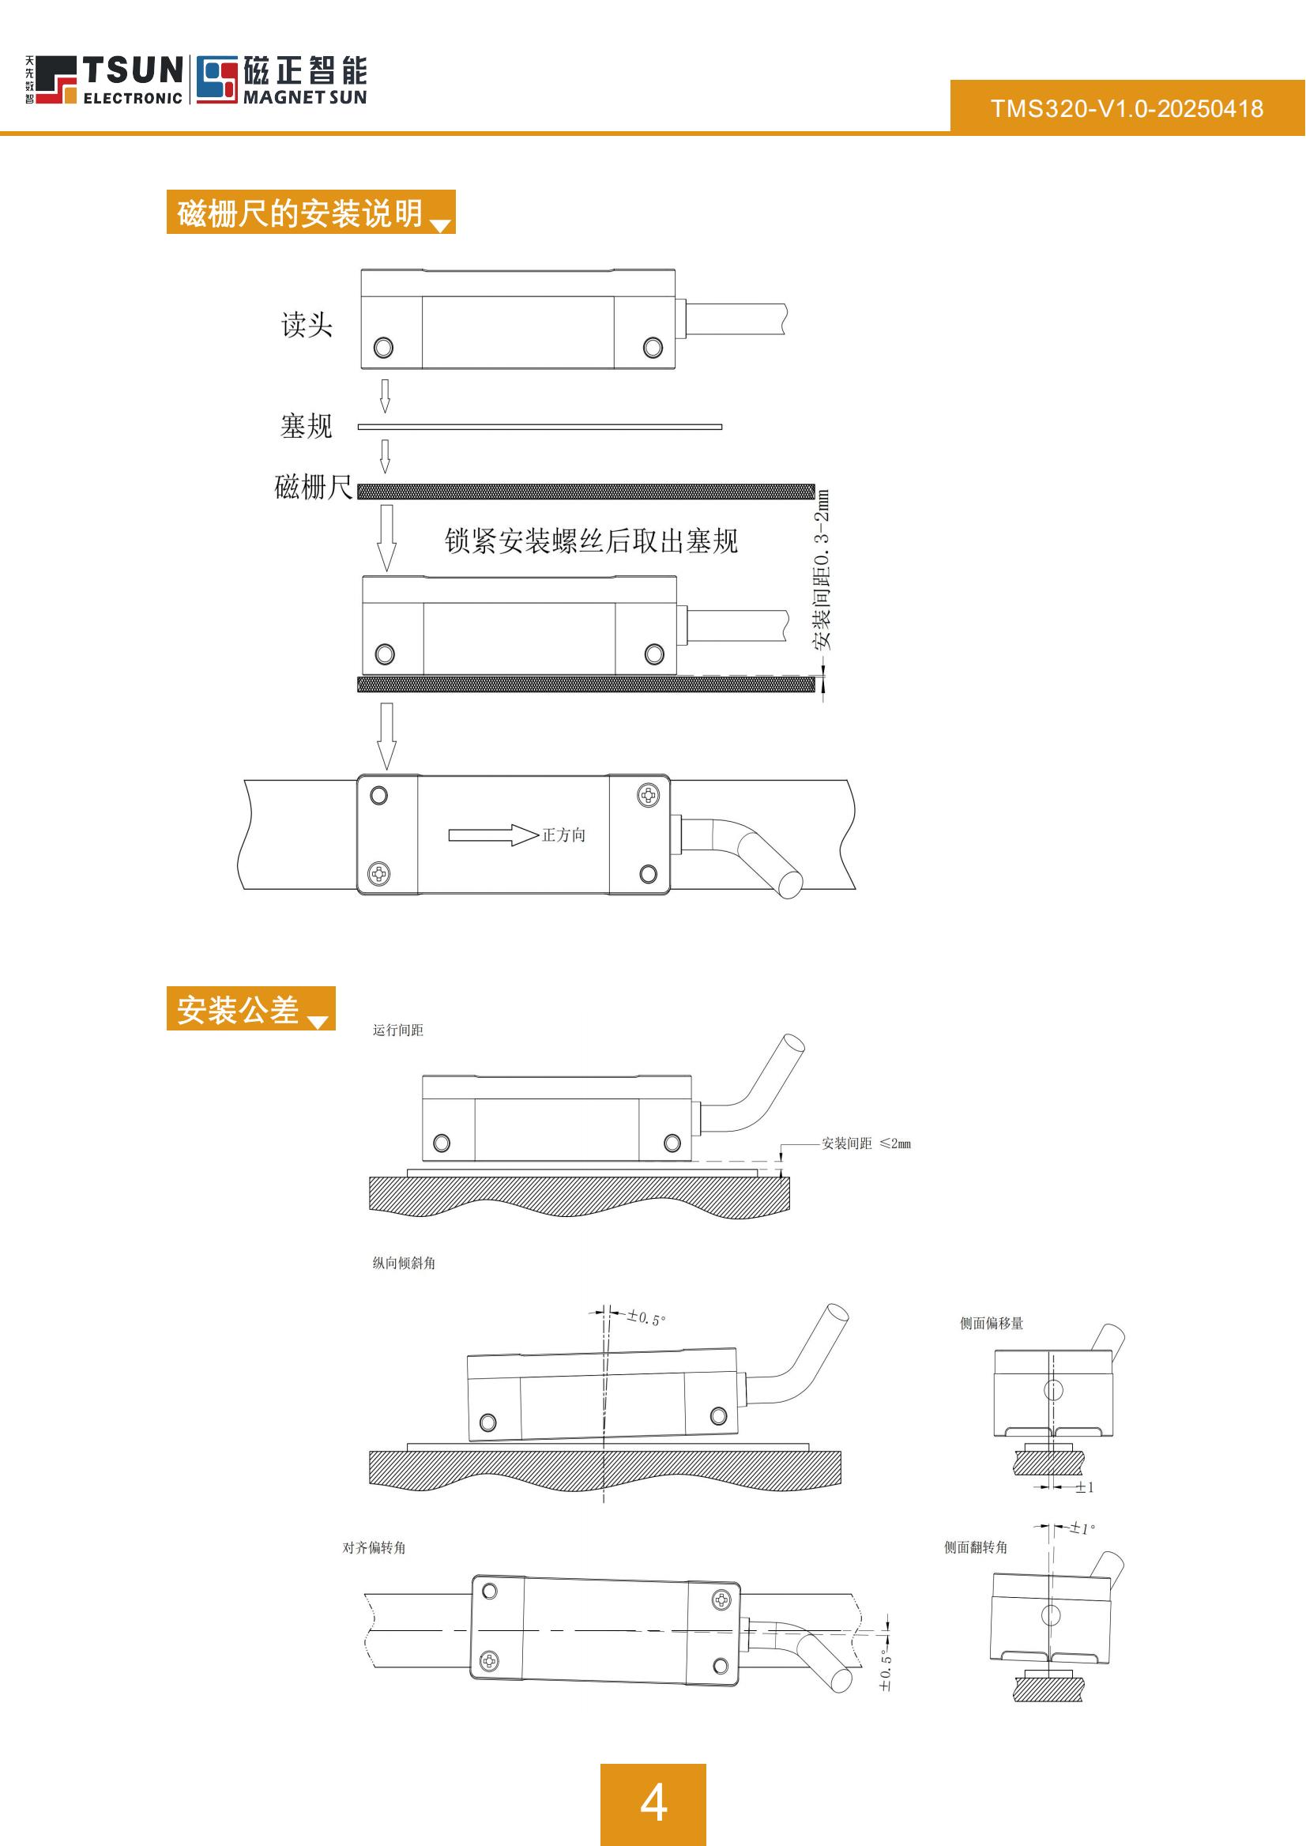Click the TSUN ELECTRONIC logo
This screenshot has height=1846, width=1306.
104,80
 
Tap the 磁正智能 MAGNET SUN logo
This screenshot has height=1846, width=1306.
281,80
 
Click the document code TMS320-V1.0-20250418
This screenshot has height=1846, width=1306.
1127,108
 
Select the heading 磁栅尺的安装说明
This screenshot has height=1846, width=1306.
300,213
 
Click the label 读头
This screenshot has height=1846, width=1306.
307,325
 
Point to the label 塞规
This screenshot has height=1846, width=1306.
306,425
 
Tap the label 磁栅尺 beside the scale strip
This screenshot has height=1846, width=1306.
313,487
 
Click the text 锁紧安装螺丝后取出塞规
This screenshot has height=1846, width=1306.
591,541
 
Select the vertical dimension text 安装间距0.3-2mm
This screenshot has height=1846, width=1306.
822,570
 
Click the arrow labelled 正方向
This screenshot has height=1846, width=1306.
493,835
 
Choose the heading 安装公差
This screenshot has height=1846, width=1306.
238,1009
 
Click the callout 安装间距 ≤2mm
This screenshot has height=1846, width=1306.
865,1143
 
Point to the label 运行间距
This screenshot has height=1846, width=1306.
397,1030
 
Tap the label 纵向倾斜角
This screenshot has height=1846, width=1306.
404,1263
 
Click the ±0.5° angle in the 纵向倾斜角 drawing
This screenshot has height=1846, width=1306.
646,1318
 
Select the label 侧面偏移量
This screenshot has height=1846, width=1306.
991,1323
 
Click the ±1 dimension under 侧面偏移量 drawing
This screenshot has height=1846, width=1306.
1084,1487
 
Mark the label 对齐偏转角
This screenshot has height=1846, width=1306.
374,1547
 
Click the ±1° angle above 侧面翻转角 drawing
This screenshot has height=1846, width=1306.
1082,1528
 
